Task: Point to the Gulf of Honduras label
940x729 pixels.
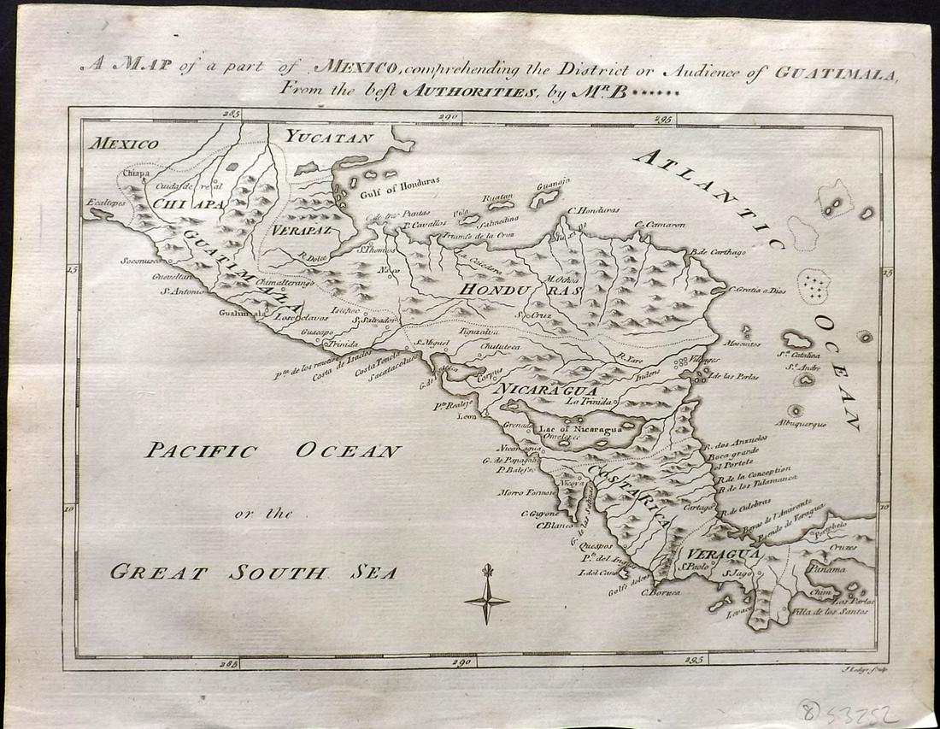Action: tap(400, 182)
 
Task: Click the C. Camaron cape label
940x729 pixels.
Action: tap(661, 225)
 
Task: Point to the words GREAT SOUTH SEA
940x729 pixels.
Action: tap(253, 572)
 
